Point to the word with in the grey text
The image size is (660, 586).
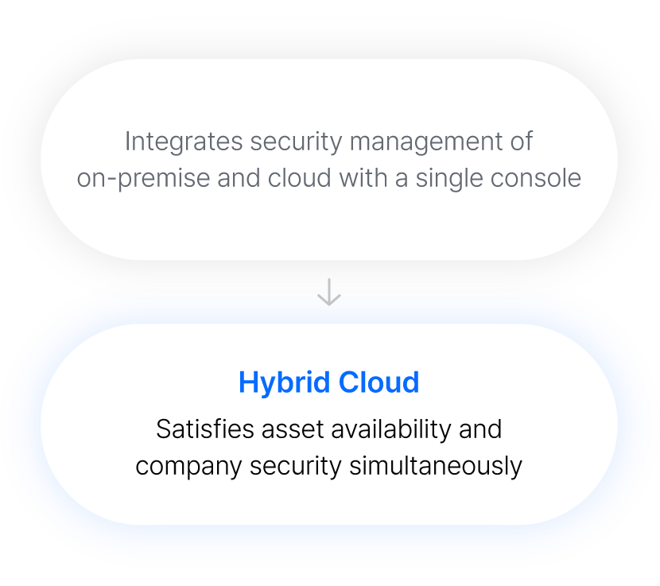point(363,177)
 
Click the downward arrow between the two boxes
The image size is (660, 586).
point(329,292)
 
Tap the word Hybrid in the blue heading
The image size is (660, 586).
point(284,382)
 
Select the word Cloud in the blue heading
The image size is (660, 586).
point(379,382)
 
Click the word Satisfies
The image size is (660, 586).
point(203,429)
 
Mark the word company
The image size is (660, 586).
point(188,465)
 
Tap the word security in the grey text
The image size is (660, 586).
point(297,142)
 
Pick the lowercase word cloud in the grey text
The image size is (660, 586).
point(299,177)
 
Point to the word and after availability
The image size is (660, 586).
point(480,429)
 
